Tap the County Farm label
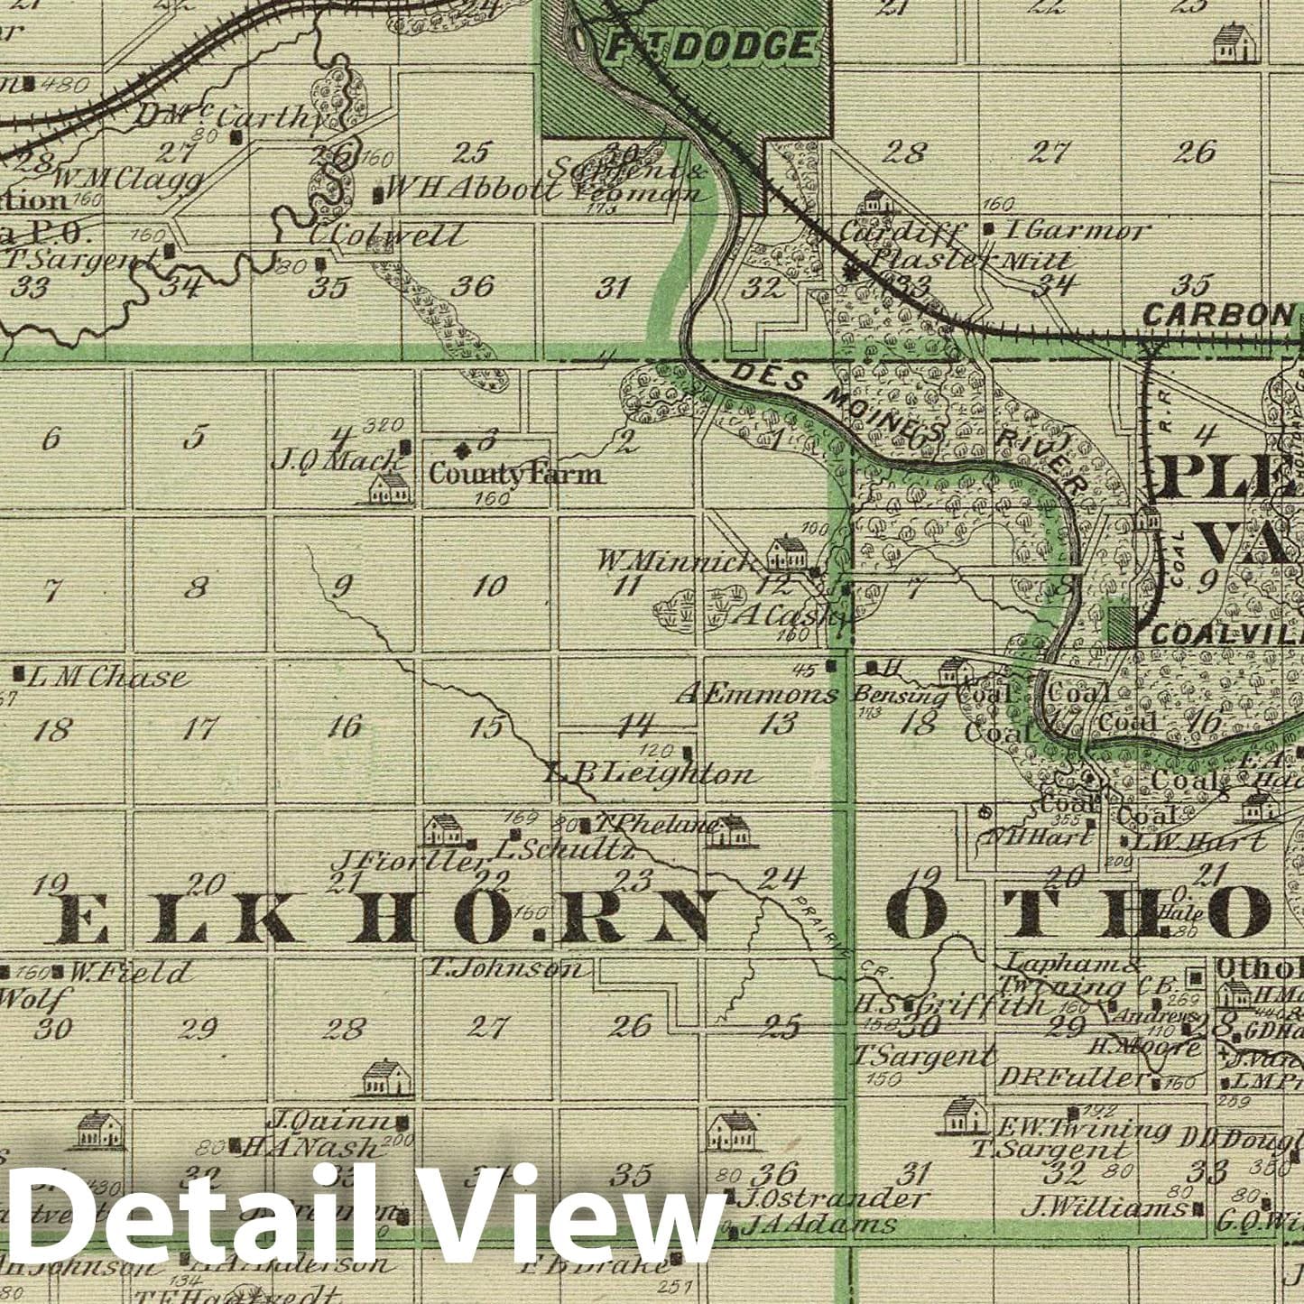[x=514, y=473]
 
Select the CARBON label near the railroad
[x=1217, y=314]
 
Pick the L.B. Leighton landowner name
[x=650, y=773]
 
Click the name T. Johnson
[x=505, y=968]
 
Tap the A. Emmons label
[x=757, y=695]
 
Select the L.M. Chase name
[x=106, y=677]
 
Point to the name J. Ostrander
[x=834, y=1199]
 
